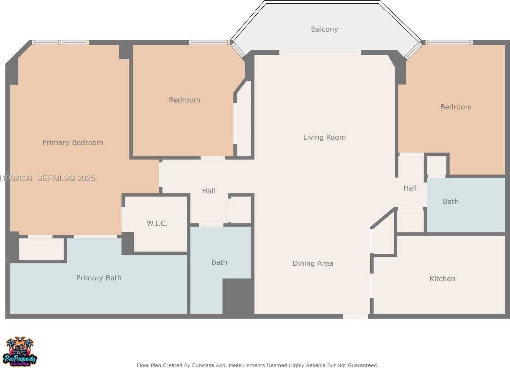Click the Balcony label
(324, 29)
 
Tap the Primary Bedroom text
(73, 143)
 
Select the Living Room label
(324, 137)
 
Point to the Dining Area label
(313, 264)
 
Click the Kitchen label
(442, 279)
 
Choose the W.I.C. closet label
(157, 223)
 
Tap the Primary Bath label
(99, 278)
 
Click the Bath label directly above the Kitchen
(451, 202)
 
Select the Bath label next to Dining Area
(219, 262)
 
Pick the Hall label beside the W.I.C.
(209, 191)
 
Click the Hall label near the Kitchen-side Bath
(410, 188)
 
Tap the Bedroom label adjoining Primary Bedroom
(184, 100)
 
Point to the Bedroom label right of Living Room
(456, 107)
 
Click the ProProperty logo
(20, 352)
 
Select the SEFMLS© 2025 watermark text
(66, 178)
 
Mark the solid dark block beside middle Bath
(237, 296)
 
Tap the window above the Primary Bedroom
(60, 42)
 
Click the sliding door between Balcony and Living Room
(320, 52)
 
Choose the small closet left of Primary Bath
(41, 249)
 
